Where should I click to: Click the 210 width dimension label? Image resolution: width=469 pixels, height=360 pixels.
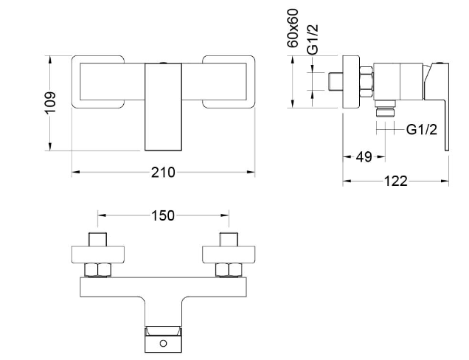tap(163, 173)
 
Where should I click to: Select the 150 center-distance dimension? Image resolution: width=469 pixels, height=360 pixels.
tap(163, 215)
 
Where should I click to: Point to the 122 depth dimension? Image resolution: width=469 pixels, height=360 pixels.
tap(395, 181)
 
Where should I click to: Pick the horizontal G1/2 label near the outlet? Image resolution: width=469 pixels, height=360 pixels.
tap(423, 129)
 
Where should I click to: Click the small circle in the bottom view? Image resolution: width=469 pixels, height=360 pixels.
tap(164, 343)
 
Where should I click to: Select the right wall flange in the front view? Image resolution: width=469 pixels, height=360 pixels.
tap(228, 81)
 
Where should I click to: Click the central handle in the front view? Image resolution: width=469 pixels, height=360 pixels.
tap(164, 106)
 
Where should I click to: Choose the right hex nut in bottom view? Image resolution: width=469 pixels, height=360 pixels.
tap(228, 270)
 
